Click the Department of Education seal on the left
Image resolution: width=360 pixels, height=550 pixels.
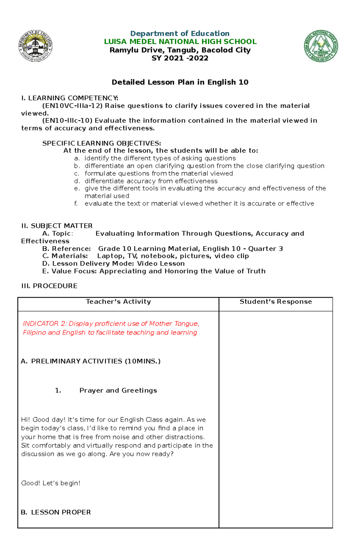(35, 46)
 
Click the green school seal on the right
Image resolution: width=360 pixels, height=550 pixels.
(321, 46)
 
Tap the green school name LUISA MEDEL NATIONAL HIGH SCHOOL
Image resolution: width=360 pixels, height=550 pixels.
(180, 42)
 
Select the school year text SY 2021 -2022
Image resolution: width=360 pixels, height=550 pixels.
(180, 58)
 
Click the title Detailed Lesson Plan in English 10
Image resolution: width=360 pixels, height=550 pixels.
(180, 82)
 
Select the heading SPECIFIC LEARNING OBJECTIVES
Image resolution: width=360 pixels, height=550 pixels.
(101, 143)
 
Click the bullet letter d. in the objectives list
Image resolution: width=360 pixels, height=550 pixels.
(77, 181)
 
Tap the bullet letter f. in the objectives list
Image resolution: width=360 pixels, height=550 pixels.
(76, 204)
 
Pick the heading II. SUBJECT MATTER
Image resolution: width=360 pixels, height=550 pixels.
(57, 226)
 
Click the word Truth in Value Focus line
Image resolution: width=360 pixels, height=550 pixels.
(256, 271)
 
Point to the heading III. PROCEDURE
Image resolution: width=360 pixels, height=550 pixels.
(49, 286)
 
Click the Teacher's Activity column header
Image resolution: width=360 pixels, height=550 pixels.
(118, 302)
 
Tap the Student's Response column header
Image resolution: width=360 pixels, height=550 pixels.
(275, 302)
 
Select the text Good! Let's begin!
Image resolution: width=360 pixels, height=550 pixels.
(51, 483)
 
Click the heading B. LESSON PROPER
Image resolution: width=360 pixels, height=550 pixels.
(56, 512)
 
